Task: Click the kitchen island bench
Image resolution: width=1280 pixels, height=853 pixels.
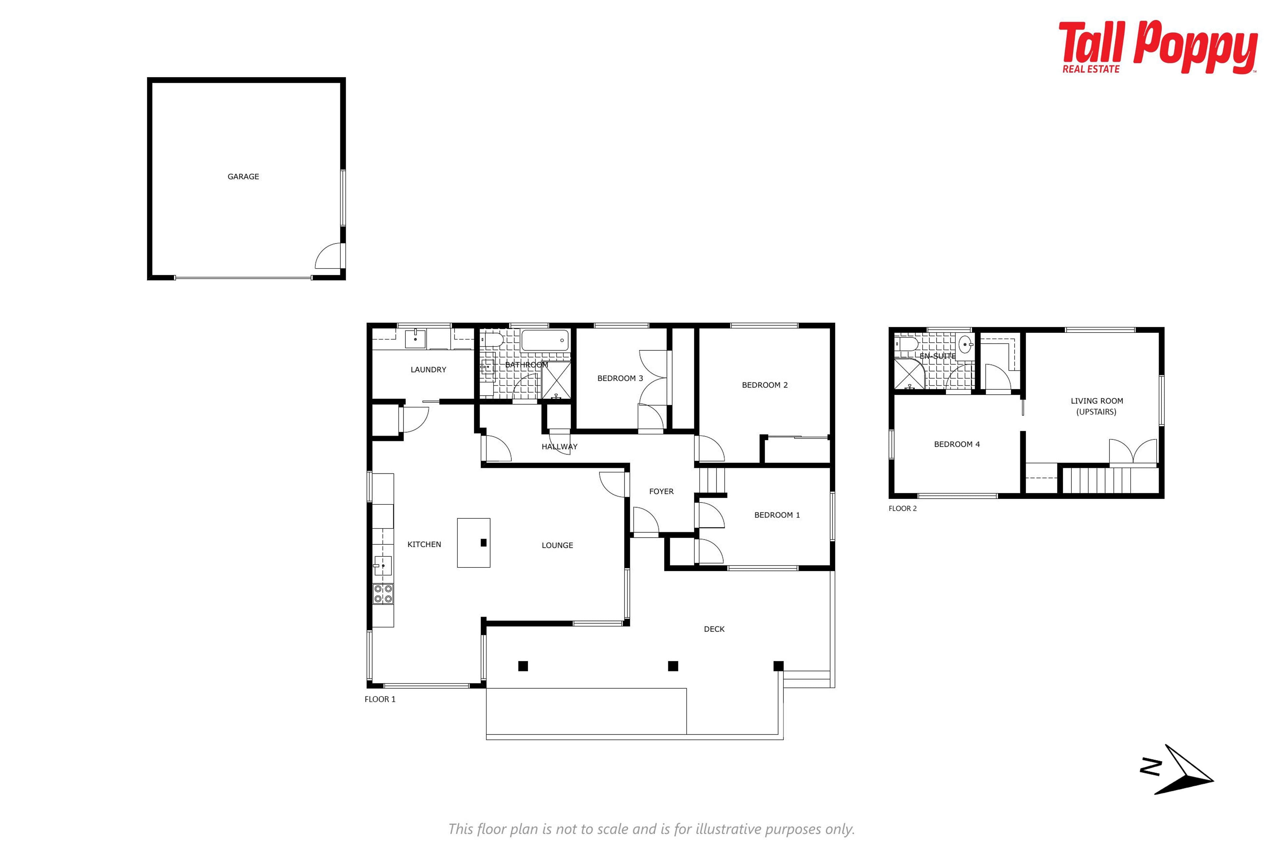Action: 473,543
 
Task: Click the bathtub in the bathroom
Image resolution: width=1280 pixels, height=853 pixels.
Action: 545,341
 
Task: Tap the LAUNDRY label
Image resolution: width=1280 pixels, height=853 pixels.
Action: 428,370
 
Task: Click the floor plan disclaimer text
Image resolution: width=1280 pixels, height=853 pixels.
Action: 651,829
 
